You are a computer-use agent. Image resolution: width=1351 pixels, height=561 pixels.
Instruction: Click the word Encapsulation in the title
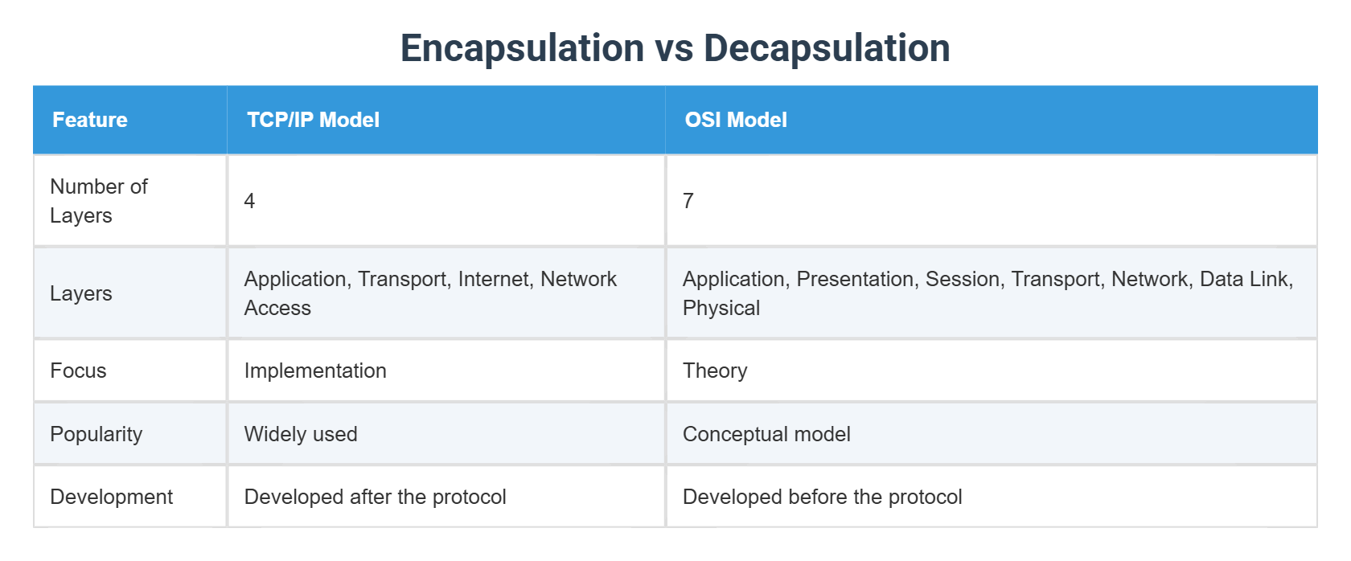(522, 48)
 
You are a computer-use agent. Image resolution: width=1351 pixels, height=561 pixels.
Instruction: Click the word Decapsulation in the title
(827, 48)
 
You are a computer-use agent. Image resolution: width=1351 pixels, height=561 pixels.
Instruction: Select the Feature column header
(90, 120)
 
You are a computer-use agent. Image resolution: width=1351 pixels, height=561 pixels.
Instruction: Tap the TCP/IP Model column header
(313, 120)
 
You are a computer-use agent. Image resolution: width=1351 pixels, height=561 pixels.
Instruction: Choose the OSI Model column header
(735, 120)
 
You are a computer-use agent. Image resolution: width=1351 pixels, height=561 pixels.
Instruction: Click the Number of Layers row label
(98, 201)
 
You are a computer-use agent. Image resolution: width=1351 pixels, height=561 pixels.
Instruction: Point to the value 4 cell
(249, 201)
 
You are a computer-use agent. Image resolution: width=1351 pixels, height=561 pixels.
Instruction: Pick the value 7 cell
(688, 201)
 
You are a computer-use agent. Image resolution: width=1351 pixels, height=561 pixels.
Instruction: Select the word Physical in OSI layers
(721, 308)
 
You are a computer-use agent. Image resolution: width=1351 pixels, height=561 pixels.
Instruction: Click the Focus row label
(78, 371)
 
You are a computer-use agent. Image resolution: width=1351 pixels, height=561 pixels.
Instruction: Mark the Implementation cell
(315, 371)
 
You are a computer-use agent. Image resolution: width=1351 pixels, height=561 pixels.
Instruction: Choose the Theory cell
(715, 371)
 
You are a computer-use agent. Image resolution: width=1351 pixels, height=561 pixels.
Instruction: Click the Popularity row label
(96, 434)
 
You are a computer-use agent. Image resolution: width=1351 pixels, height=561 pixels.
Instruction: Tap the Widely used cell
(301, 434)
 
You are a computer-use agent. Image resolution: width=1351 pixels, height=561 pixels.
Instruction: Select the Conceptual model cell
(766, 434)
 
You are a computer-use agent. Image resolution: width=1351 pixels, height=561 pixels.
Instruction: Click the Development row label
(111, 497)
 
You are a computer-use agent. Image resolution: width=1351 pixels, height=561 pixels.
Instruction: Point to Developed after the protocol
(375, 497)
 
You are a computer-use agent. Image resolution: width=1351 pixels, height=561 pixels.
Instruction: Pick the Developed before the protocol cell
(822, 497)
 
